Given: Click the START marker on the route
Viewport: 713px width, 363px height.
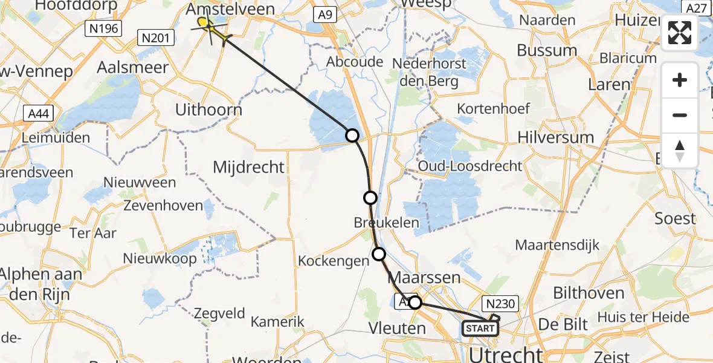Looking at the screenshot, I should tap(480, 329).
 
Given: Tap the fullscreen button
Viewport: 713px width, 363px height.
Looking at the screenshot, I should tap(680, 33).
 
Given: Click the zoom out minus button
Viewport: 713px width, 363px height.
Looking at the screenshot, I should tap(680, 115).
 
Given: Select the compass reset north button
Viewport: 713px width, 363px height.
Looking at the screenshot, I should tap(680, 151).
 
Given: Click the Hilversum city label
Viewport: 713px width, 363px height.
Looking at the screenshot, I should tap(556, 137).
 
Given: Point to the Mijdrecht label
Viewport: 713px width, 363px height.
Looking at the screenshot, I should tap(248, 167).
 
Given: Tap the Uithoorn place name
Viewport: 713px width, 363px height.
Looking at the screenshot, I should tap(208, 110).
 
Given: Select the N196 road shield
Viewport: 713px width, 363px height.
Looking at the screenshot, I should tap(103, 28).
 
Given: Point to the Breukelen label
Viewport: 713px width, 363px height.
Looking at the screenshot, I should tap(387, 223).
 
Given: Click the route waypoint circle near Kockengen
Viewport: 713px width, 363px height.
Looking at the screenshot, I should tap(379, 254).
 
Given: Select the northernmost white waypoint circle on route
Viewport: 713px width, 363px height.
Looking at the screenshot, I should tap(352, 136).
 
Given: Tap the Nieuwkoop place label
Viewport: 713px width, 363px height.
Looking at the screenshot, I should tap(160, 259).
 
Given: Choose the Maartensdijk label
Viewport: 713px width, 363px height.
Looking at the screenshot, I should tap(557, 245).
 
